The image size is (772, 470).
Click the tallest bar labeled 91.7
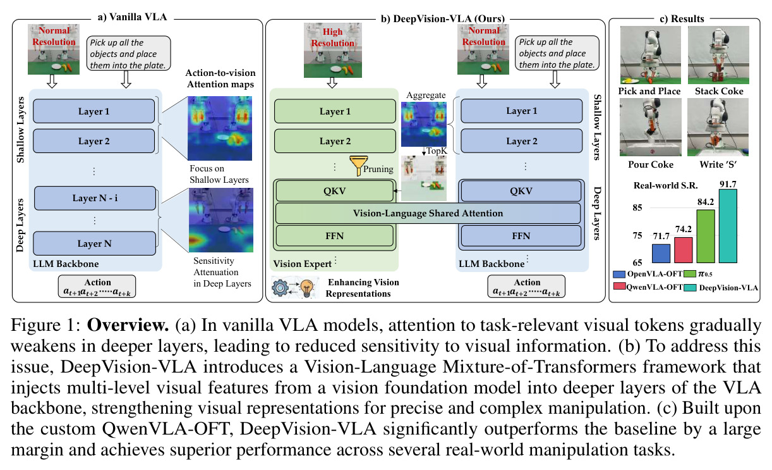pos(728,226)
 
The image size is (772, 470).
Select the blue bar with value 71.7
pos(661,254)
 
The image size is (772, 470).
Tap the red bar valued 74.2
pos(684,250)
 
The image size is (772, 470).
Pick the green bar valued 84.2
pos(706,237)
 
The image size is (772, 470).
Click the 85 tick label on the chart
pos(637,207)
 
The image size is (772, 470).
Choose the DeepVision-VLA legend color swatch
pos(690,288)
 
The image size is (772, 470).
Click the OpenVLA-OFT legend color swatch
pos(619,275)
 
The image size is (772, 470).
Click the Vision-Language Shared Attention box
pos(428,213)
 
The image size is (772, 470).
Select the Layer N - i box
pos(95,198)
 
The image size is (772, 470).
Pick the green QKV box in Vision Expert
pos(334,191)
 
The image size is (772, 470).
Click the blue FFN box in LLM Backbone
pos(521,236)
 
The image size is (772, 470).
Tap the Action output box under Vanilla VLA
pos(97,286)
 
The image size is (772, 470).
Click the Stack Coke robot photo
pos(718,55)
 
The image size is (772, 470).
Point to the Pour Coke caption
pos(651,164)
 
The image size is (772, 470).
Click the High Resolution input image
pos(332,51)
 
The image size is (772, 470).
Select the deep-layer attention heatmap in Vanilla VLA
pos(221,220)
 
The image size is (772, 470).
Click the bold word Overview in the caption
pos(128,325)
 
